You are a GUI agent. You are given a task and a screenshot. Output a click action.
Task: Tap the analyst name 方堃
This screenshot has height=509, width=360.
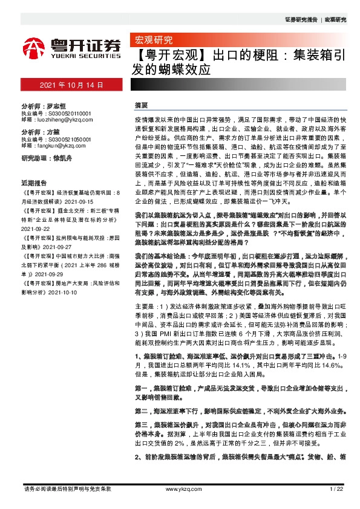click(x=53, y=131)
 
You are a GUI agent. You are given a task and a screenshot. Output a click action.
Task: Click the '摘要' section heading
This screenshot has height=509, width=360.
click(x=141, y=105)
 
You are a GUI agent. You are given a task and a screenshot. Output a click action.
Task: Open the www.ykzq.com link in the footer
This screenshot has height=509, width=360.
click(x=180, y=488)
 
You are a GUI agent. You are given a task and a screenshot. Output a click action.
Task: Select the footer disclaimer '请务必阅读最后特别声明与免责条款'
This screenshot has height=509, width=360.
click(x=67, y=488)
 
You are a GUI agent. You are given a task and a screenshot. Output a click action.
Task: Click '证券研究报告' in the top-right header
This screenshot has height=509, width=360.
click(x=301, y=20)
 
